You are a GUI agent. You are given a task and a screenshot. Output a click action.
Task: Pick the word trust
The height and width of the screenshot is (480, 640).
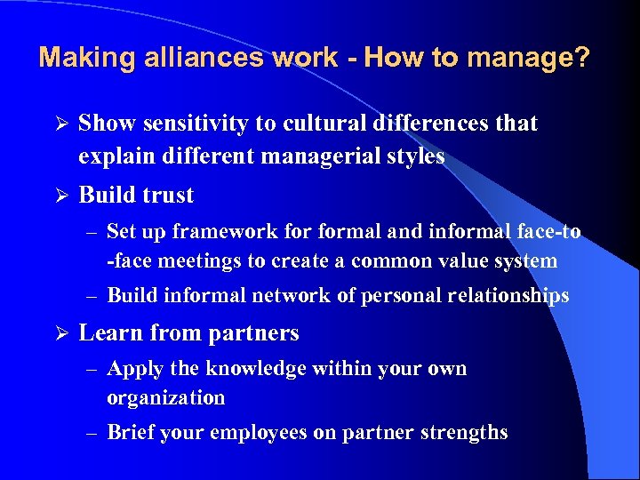pos(165,195)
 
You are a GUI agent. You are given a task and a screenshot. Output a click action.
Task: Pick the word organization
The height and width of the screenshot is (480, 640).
pos(165,397)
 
